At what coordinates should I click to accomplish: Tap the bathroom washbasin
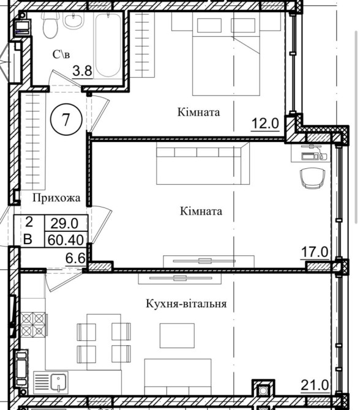pos(73,21)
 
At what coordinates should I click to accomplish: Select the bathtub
pos(108,45)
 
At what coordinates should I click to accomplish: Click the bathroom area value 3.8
pos(82,70)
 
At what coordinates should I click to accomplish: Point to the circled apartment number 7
pos(66,119)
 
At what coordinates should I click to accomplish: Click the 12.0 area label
pos(265,123)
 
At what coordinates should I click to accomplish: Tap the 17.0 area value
pos(314,252)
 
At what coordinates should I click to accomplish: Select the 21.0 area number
pos(315,385)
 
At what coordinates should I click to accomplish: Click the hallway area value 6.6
pos(75,258)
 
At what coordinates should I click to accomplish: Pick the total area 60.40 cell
pos(66,239)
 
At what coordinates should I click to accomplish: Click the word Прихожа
pos(56,198)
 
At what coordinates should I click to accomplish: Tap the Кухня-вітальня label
pos(186,304)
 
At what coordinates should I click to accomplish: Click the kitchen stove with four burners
pos(33,324)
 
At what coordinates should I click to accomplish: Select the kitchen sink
pos(51,382)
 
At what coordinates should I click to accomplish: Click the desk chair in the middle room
pos(313,178)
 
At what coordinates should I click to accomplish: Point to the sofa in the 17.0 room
pos(203,163)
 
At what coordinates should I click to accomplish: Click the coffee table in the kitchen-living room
pos(177,335)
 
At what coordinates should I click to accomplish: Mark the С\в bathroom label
pos(61,54)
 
